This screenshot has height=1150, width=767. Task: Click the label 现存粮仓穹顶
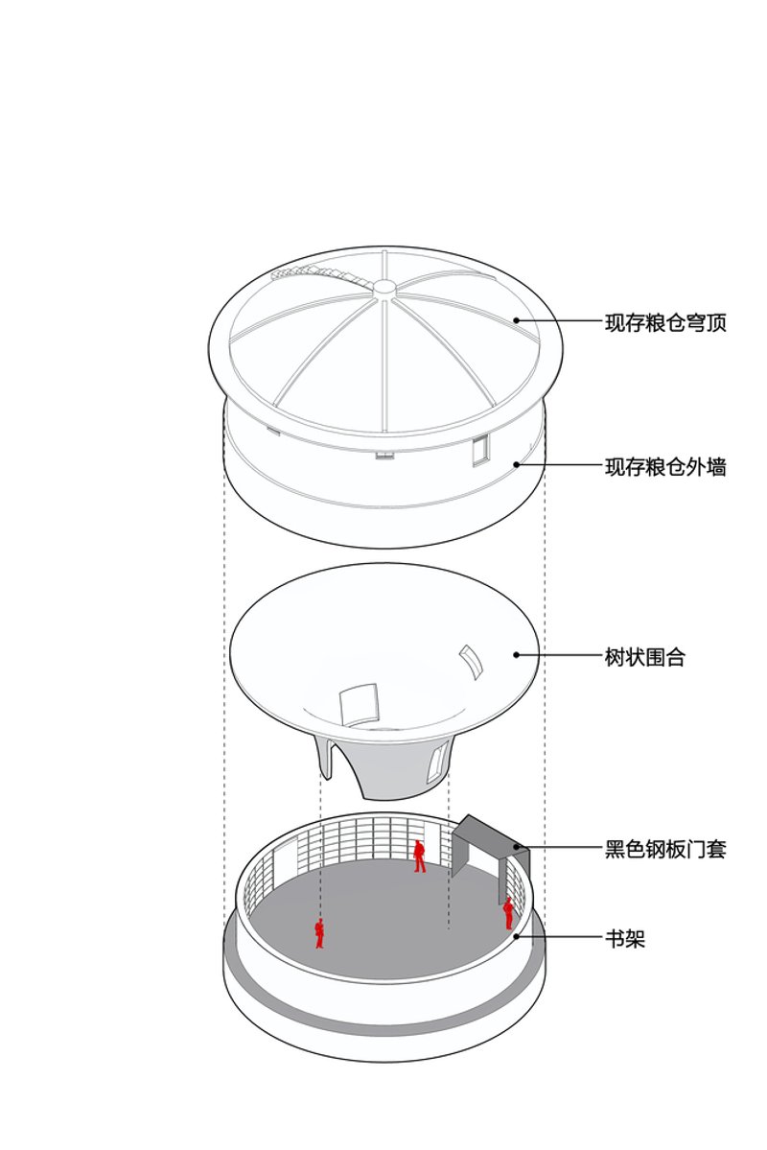tap(665, 322)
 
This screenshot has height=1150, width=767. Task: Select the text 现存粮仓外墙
tap(665, 466)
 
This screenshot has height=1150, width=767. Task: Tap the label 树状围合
tap(644, 656)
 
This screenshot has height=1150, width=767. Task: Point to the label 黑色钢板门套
tap(665, 849)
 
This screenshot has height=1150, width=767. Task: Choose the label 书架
tap(625, 938)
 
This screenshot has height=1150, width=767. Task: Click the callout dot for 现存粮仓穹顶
tap(516, 320)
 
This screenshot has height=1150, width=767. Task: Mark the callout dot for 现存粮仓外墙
tap(516, 464)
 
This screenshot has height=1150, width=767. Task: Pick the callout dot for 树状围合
tap(516, 655)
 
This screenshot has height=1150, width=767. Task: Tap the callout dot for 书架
tap(516, 936)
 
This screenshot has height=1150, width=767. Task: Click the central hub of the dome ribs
tap(384, 287)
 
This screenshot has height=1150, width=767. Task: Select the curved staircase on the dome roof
tap(319, 274)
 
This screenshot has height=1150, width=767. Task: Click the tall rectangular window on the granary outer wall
tap(480, 450)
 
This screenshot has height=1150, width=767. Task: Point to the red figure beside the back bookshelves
tap(419, 856)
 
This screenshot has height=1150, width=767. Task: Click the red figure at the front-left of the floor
tap(319, 933)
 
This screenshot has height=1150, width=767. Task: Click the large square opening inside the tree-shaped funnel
tap(360, 704)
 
